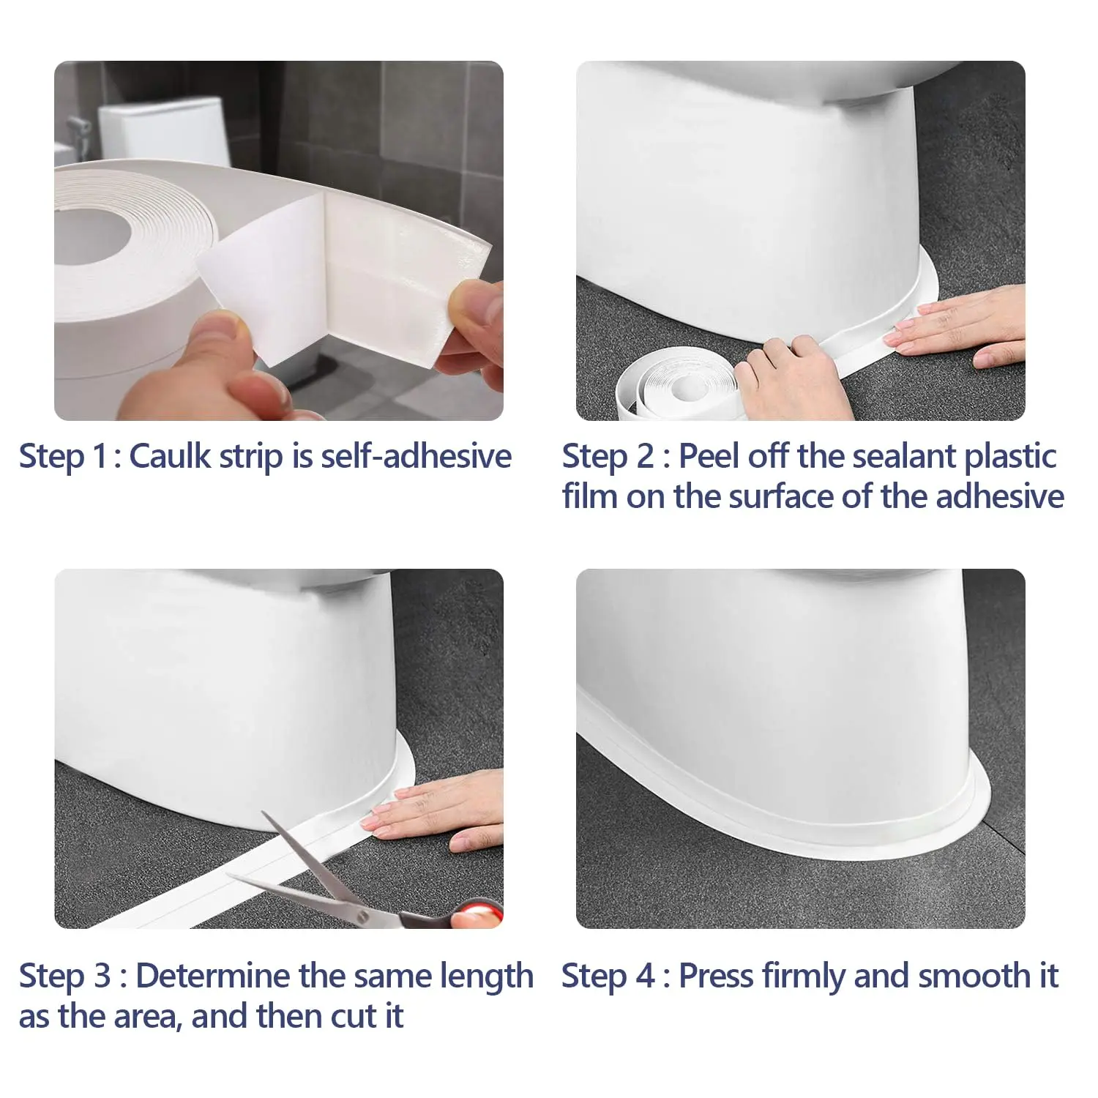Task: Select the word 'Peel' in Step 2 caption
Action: [x=709, y=457]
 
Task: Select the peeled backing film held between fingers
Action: [x=256, y=293]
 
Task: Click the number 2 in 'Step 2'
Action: [x=645, y=457]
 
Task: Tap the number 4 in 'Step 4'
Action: [x=645, y=976]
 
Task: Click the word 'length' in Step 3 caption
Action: [x=486, y=976]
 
